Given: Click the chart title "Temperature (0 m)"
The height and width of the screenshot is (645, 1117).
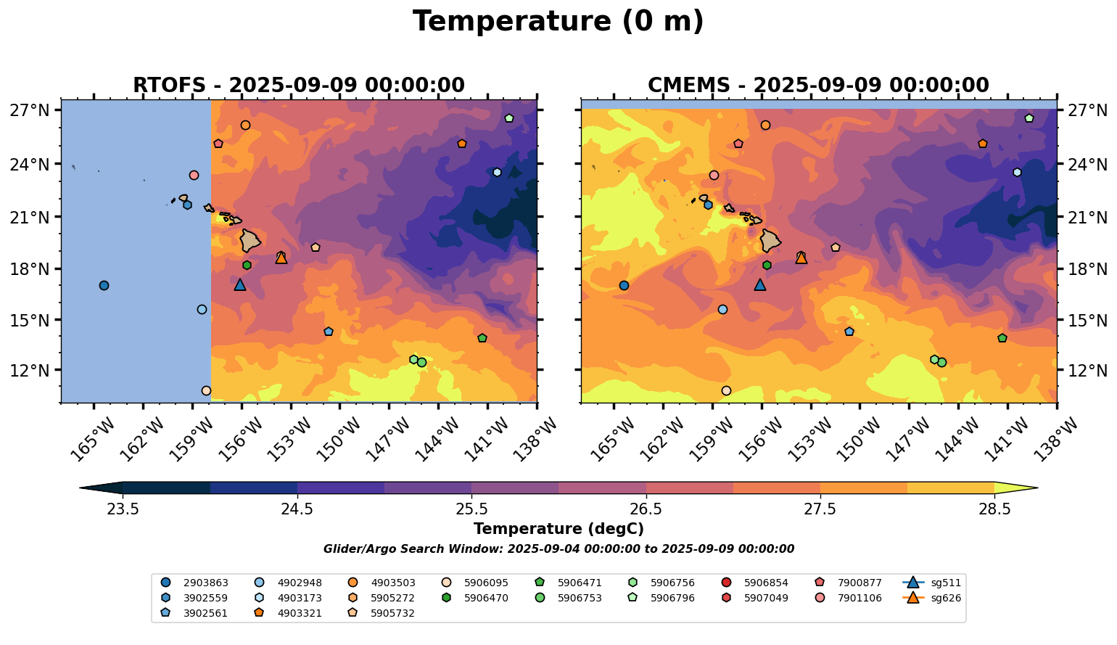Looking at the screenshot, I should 558,22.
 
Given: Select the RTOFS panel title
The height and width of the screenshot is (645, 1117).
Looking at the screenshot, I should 298,86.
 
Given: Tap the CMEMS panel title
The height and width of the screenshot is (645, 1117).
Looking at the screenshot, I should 818,86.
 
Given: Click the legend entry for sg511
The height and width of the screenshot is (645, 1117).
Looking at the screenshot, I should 932,583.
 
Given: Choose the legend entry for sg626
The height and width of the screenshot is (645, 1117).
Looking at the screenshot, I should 932,598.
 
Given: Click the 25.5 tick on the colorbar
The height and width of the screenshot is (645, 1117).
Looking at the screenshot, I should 471,509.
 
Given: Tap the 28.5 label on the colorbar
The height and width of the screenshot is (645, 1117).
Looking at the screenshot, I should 994,509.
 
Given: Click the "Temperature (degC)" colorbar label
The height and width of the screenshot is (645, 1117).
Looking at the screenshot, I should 558,529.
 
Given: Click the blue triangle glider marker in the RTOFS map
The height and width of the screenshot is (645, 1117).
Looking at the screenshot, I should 240,285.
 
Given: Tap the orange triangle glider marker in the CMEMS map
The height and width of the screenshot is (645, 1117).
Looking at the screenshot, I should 801,258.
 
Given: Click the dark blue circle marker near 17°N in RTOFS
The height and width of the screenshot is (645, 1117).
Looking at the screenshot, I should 104,285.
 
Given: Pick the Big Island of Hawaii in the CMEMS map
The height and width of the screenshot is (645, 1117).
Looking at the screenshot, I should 770,240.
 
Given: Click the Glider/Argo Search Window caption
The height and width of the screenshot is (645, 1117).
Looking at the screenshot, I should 558,549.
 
